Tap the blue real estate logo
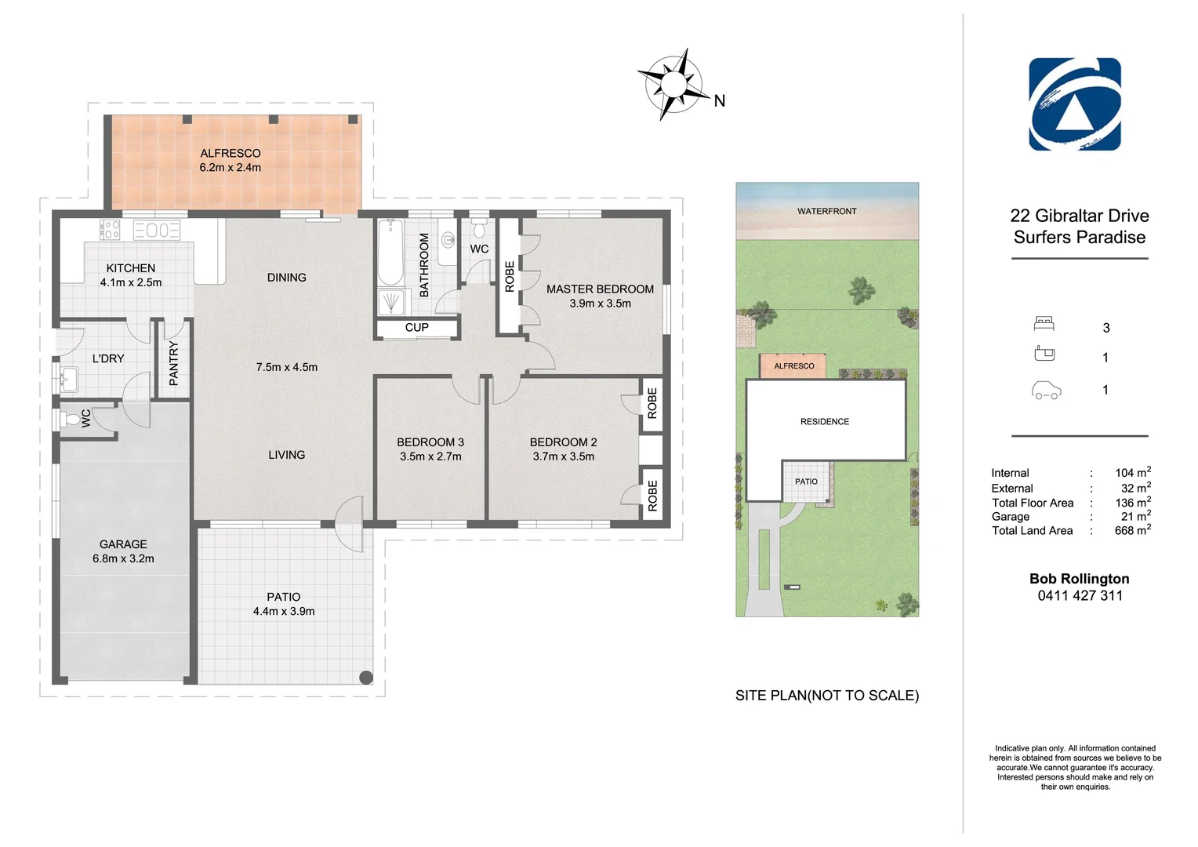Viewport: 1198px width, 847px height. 1074,104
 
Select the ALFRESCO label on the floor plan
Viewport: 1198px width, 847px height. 231,153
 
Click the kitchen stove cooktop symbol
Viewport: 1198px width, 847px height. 110,230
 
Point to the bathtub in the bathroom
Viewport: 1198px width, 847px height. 390,252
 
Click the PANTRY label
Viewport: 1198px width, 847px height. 173,363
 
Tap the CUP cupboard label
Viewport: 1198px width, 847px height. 416,328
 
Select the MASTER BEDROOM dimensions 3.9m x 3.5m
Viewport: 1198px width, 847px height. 600,304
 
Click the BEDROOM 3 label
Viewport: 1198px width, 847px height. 430,442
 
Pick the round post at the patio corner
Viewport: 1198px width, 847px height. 366,678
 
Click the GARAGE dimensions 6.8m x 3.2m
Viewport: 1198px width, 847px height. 123,558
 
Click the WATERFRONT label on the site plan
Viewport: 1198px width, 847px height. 827,211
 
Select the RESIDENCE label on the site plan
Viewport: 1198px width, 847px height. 825,422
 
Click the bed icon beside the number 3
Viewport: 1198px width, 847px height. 1044,323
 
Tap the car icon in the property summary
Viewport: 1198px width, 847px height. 1046,391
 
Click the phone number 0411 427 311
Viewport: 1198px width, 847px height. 1080,595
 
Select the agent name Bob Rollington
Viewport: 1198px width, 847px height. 1080,579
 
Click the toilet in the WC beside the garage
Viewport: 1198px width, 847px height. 70,419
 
